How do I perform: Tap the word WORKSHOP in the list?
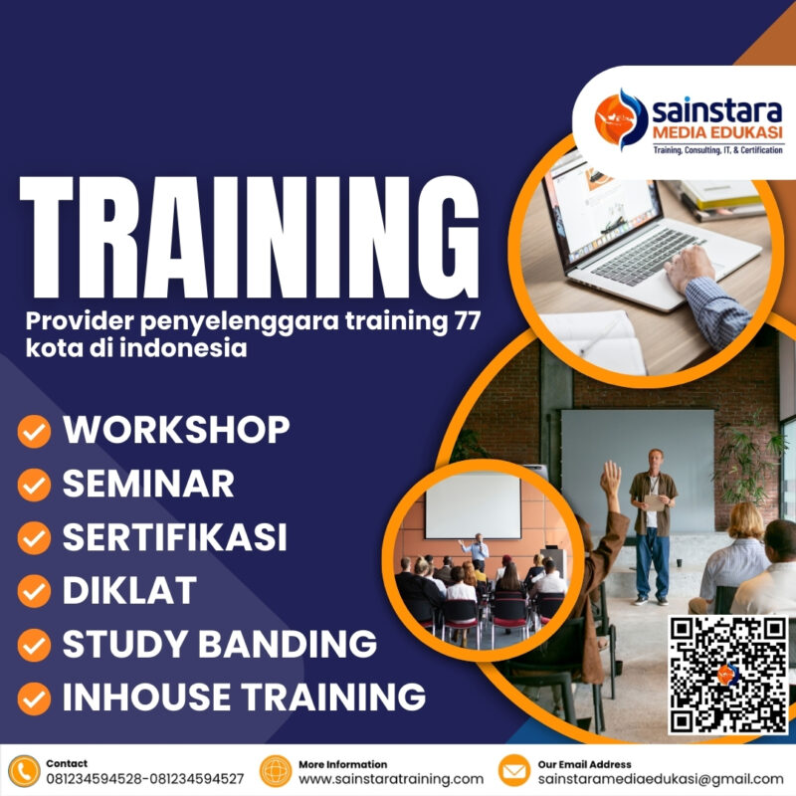176,430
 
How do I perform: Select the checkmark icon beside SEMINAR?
35,485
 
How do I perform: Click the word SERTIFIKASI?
174,537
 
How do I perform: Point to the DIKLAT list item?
129,591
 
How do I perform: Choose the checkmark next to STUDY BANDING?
35,645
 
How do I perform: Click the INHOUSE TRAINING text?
244,696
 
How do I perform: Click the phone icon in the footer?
23,771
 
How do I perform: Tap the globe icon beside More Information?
276,771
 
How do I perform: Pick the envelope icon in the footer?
514,771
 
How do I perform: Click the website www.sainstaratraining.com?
391,779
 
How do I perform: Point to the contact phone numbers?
144,779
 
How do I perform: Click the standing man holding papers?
653,522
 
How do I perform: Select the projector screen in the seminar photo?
474,505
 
